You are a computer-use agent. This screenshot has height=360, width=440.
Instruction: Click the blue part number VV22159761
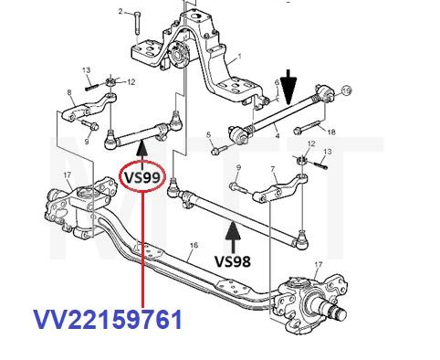(108, 320)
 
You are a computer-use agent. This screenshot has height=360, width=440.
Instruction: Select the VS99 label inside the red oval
(142, 177)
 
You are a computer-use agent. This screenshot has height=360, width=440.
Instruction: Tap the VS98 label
(233, 261)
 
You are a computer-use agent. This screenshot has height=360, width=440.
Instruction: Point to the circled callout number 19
(346, 90)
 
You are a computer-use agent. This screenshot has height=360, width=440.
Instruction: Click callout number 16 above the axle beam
(194, 245)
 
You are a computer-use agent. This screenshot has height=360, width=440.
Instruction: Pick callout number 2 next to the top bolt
(120, 12)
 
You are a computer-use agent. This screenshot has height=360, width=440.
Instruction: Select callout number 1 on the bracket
(240, 57)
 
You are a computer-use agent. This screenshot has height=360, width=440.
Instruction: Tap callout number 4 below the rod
(278, 135)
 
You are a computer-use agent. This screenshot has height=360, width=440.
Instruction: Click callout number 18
(331, 132)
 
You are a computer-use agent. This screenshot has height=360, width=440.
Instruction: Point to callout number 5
(208, 135)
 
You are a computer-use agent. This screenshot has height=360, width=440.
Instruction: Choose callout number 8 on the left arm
(69, 91)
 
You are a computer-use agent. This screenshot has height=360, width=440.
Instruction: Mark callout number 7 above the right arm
(273, 168)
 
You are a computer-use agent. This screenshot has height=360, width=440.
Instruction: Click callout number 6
(277, 82)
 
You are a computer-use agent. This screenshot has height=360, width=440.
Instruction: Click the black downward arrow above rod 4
(288, 86)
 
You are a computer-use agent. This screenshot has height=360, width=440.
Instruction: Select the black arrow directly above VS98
(233, 237)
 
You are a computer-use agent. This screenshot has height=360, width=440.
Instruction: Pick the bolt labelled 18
(307, 127)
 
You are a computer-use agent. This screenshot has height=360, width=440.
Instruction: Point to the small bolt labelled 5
(218, 149)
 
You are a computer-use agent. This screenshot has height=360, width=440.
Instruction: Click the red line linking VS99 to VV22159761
(142, 249)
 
